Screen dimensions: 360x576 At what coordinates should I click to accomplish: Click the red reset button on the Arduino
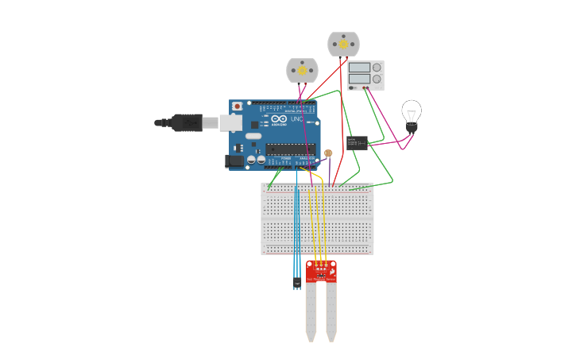237,106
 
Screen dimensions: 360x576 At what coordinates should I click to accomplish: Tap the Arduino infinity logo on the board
279,119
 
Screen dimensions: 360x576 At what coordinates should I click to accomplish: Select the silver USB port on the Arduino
230,122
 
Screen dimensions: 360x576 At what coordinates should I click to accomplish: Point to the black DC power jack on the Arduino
234,161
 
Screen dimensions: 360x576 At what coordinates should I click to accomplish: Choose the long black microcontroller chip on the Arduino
290,149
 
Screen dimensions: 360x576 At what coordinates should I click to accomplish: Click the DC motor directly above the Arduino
302,70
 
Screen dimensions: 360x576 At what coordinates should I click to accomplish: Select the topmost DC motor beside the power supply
343,44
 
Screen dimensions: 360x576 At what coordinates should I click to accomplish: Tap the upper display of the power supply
358,68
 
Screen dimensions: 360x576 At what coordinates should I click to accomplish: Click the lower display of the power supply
358,79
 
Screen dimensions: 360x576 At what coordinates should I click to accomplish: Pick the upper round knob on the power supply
377,68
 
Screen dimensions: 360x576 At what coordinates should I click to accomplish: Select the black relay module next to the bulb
357,143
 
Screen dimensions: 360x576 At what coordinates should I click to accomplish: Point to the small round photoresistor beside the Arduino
328,153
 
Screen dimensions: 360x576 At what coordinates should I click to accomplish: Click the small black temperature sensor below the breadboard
297,282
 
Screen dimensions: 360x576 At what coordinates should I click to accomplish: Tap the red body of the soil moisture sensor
321,271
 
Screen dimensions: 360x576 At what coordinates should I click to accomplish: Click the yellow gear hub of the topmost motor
343,45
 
